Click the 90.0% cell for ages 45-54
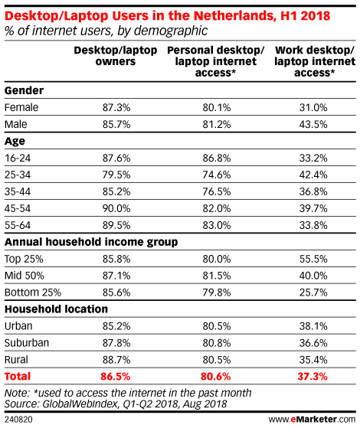(x=116, y=208)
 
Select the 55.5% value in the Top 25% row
(x=313, y=259)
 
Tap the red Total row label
(x=18, y=377)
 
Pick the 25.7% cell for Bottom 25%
(x=313, y=292)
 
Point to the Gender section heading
(x=24, y=90)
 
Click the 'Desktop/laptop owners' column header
(x=116, y=56)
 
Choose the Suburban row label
(x=27, y=343)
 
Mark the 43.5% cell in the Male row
(x=313, y=125)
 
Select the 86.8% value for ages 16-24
(x=217, y=158)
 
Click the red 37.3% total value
(x=313, y=377)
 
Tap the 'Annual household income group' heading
(x=91, y=242)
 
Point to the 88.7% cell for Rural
(x=116, y=360)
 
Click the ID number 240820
(x=18, y=420)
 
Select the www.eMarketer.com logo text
(x=313, y=419)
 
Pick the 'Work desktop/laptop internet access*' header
(x=315, y=61)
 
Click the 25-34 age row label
(x=18, y=175)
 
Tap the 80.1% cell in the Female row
(x=217, y=107)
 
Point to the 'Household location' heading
(x=56, y=309)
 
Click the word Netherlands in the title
(x=234, y=16)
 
